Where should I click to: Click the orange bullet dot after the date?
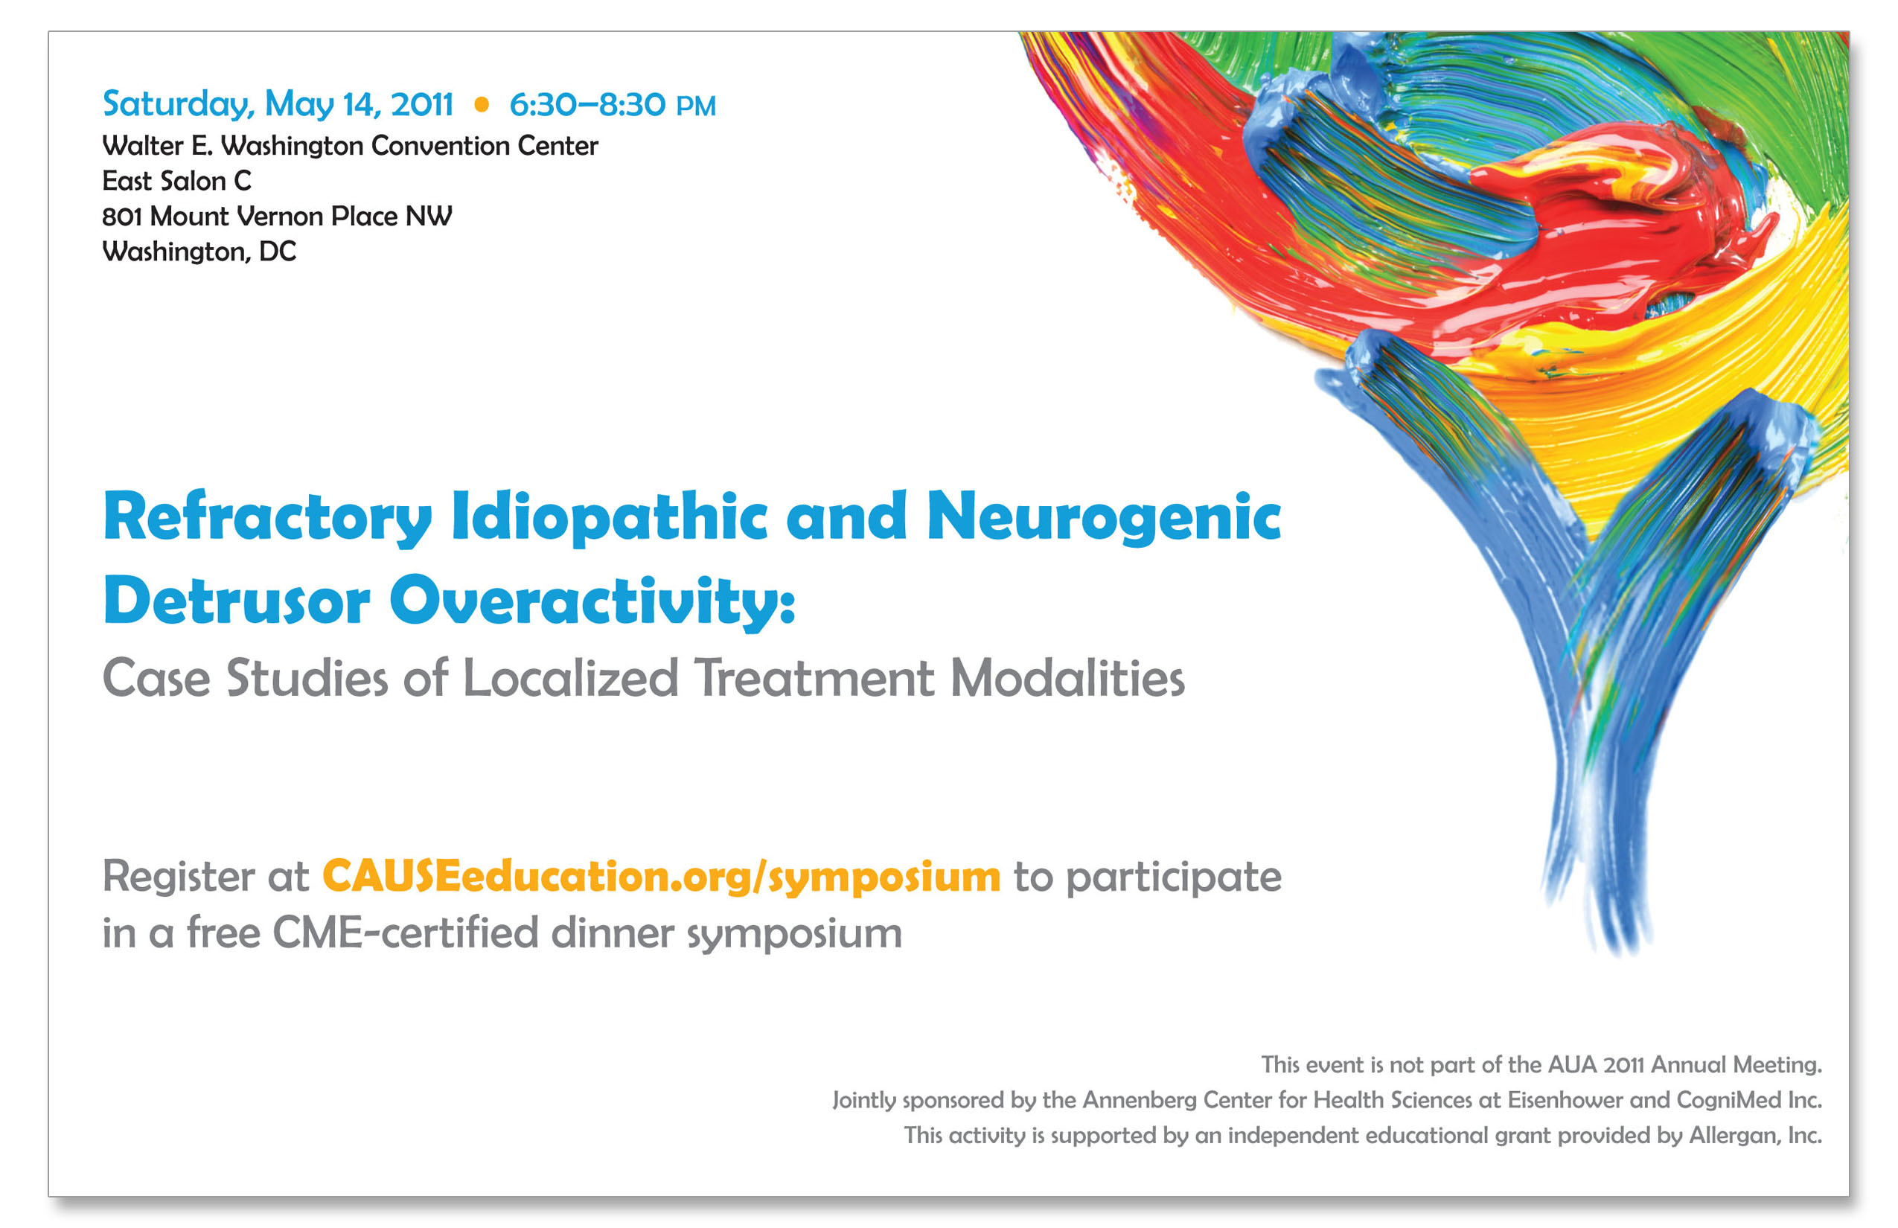point(482,104)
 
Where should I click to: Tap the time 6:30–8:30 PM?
point(613,104)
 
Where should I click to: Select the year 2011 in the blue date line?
point(422,104)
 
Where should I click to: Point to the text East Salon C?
point(177,181)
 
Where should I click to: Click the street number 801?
point(122,216)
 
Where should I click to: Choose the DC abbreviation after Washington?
point(278,252)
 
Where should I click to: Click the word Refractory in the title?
point(267,518)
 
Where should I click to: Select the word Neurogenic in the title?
point(1104,518)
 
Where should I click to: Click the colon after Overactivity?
point(787,607)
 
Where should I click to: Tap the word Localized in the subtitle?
point(571,678)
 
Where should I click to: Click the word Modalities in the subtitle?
point(1068,678)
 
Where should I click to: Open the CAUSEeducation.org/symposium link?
point(661,878)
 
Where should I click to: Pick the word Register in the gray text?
point(179,878)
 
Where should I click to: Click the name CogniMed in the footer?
point(1728,1101)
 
